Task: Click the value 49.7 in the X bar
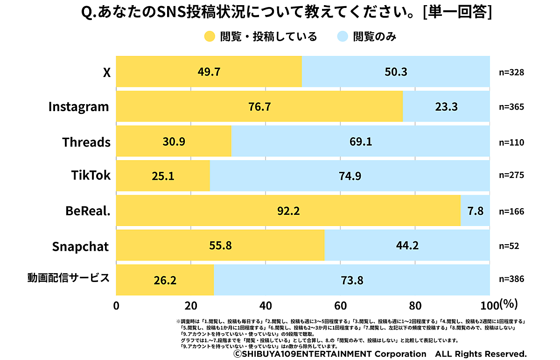pyautogui.click(x=209, y=72)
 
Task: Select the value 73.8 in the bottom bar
pyautogui.click(x=351, y=281)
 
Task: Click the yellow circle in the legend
pyautogui.click(x=210, y=36)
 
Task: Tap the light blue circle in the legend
pyautogui.click(x=342, y=36)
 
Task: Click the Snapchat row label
pyautogui.click(x=80, y=247)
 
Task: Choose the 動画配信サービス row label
pyautogui.click(x=69, y=279)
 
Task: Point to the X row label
pyautogui.click(x=107, y=72)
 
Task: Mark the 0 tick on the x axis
pyautogui.click(x=116, y=305)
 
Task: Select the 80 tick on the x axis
pyautogui.click(x=415, y=305)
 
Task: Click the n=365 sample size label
pyautogui.click(x=511, y=107)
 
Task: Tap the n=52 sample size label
pyautogui.click(x=509, y=246)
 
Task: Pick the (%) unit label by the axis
pyautogui.click(x=508, y=304)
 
